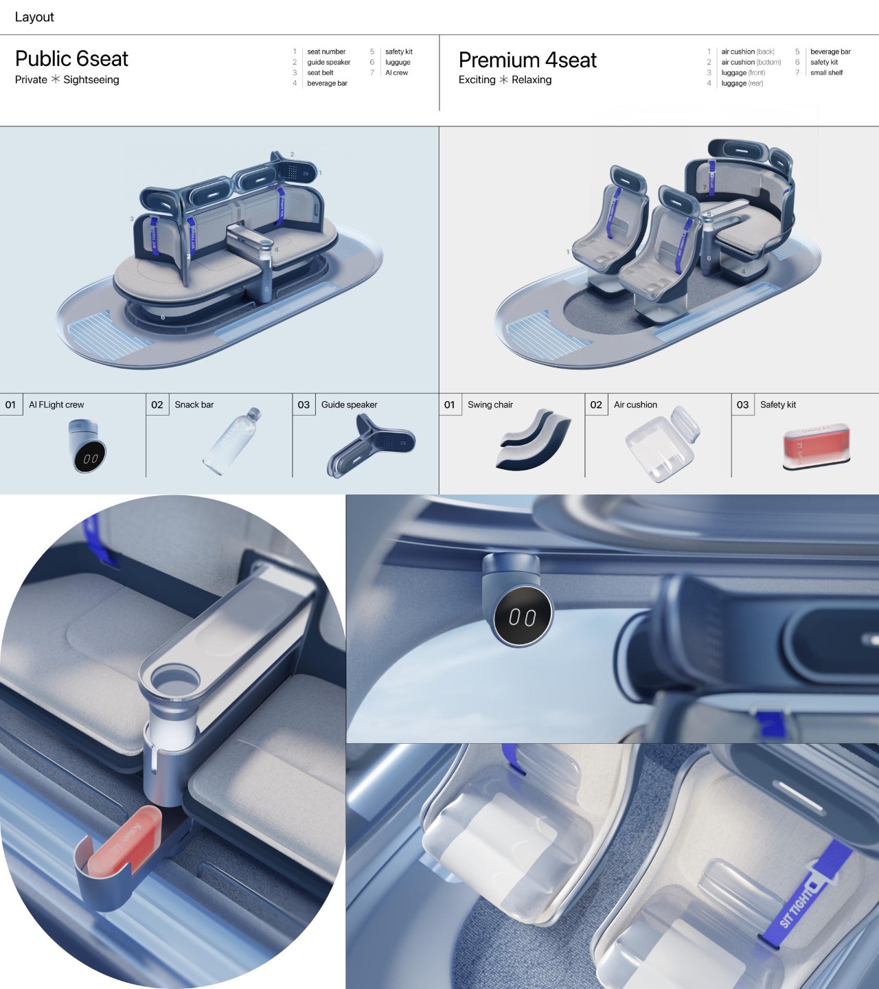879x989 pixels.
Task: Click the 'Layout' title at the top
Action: click(x=34, y=17)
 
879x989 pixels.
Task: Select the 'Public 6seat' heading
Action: click(x=71, y=59)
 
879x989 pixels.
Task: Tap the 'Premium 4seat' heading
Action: click(x=527, y=60)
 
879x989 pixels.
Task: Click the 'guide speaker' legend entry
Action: click(x=328, y=62)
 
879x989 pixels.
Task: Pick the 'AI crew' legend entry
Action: click(x=396, y=73)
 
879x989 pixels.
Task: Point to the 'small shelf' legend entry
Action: click(x=826, y=73)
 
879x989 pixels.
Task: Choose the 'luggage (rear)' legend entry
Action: click(x=742, y=84)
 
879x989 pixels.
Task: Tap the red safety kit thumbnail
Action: click(x=817, y=446)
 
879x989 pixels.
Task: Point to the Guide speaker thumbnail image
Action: click(x=372, y=445)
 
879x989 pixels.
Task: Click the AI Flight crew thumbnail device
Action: click(x=87, y=447)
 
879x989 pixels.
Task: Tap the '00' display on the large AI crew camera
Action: click(x=523, y=617)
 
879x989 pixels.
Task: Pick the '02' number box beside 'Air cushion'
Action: click(x=596, y=405)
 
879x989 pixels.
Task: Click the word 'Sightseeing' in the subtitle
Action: click(x=91, y=80)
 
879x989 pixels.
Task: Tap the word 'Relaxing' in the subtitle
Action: click(x=532, y=80)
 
